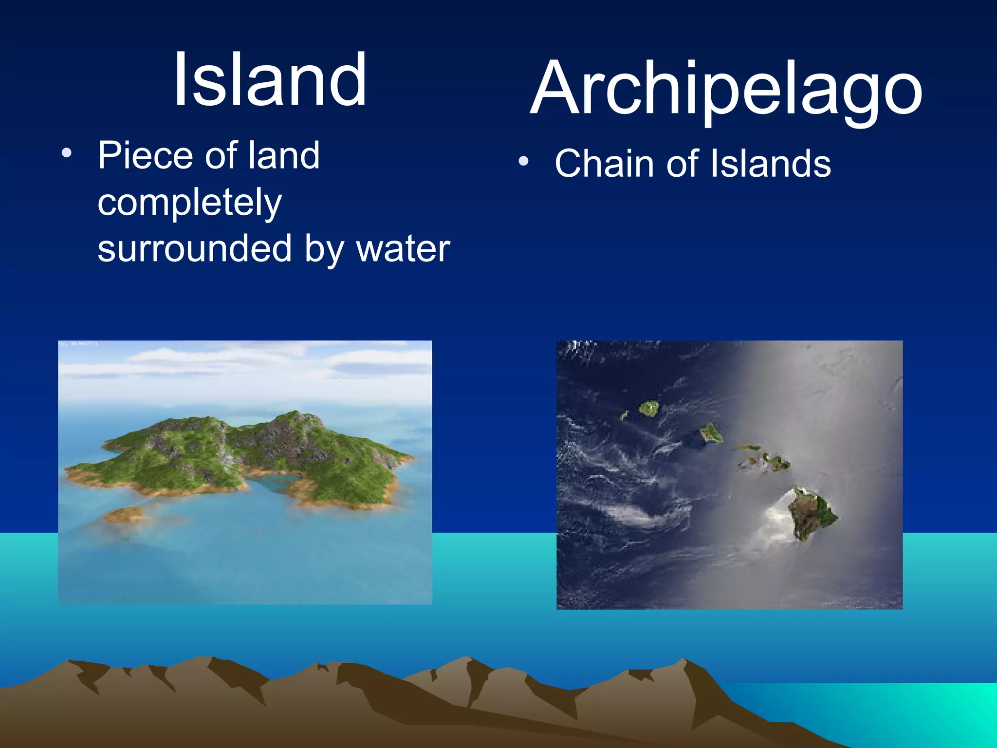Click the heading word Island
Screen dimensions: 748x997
270,80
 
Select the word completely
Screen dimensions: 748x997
189,203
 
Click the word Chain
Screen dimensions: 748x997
604,164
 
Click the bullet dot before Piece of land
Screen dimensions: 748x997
67,154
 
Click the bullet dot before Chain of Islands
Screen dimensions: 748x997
523,162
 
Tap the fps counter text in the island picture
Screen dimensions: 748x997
78,344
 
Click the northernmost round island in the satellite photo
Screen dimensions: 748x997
649,408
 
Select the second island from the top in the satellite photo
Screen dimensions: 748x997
711,433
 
